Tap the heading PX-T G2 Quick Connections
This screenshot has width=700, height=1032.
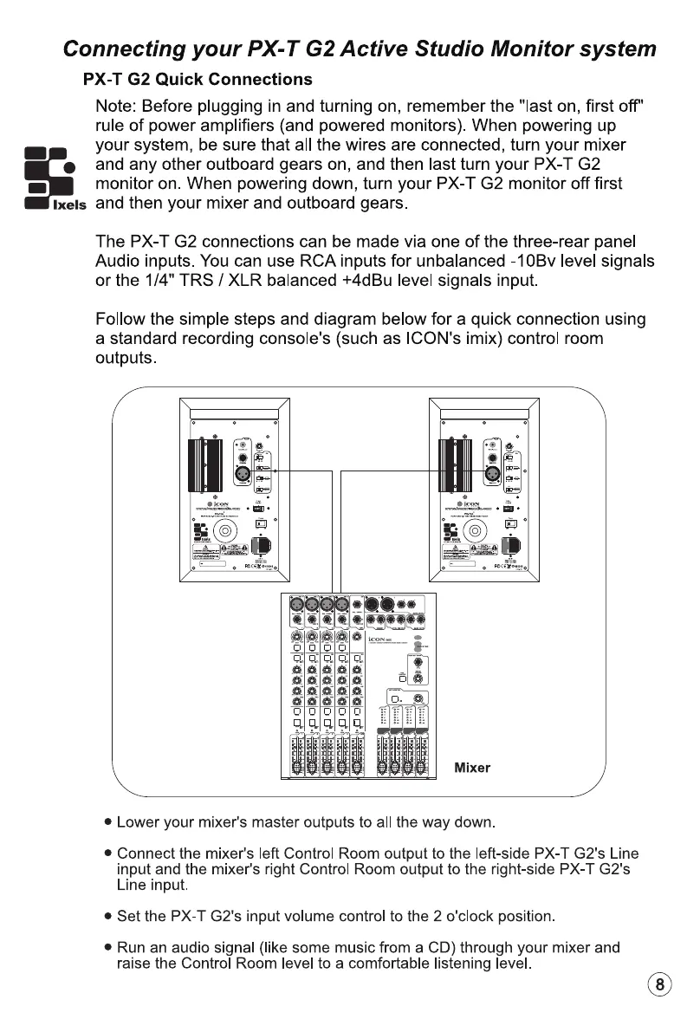pos(198,80)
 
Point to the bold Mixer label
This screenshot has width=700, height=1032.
pos(472,768)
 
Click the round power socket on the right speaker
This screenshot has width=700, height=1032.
pos(474,531)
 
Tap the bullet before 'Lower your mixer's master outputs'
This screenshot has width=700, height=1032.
pos(107,821)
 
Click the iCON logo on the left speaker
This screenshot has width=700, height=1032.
pos(226,504)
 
